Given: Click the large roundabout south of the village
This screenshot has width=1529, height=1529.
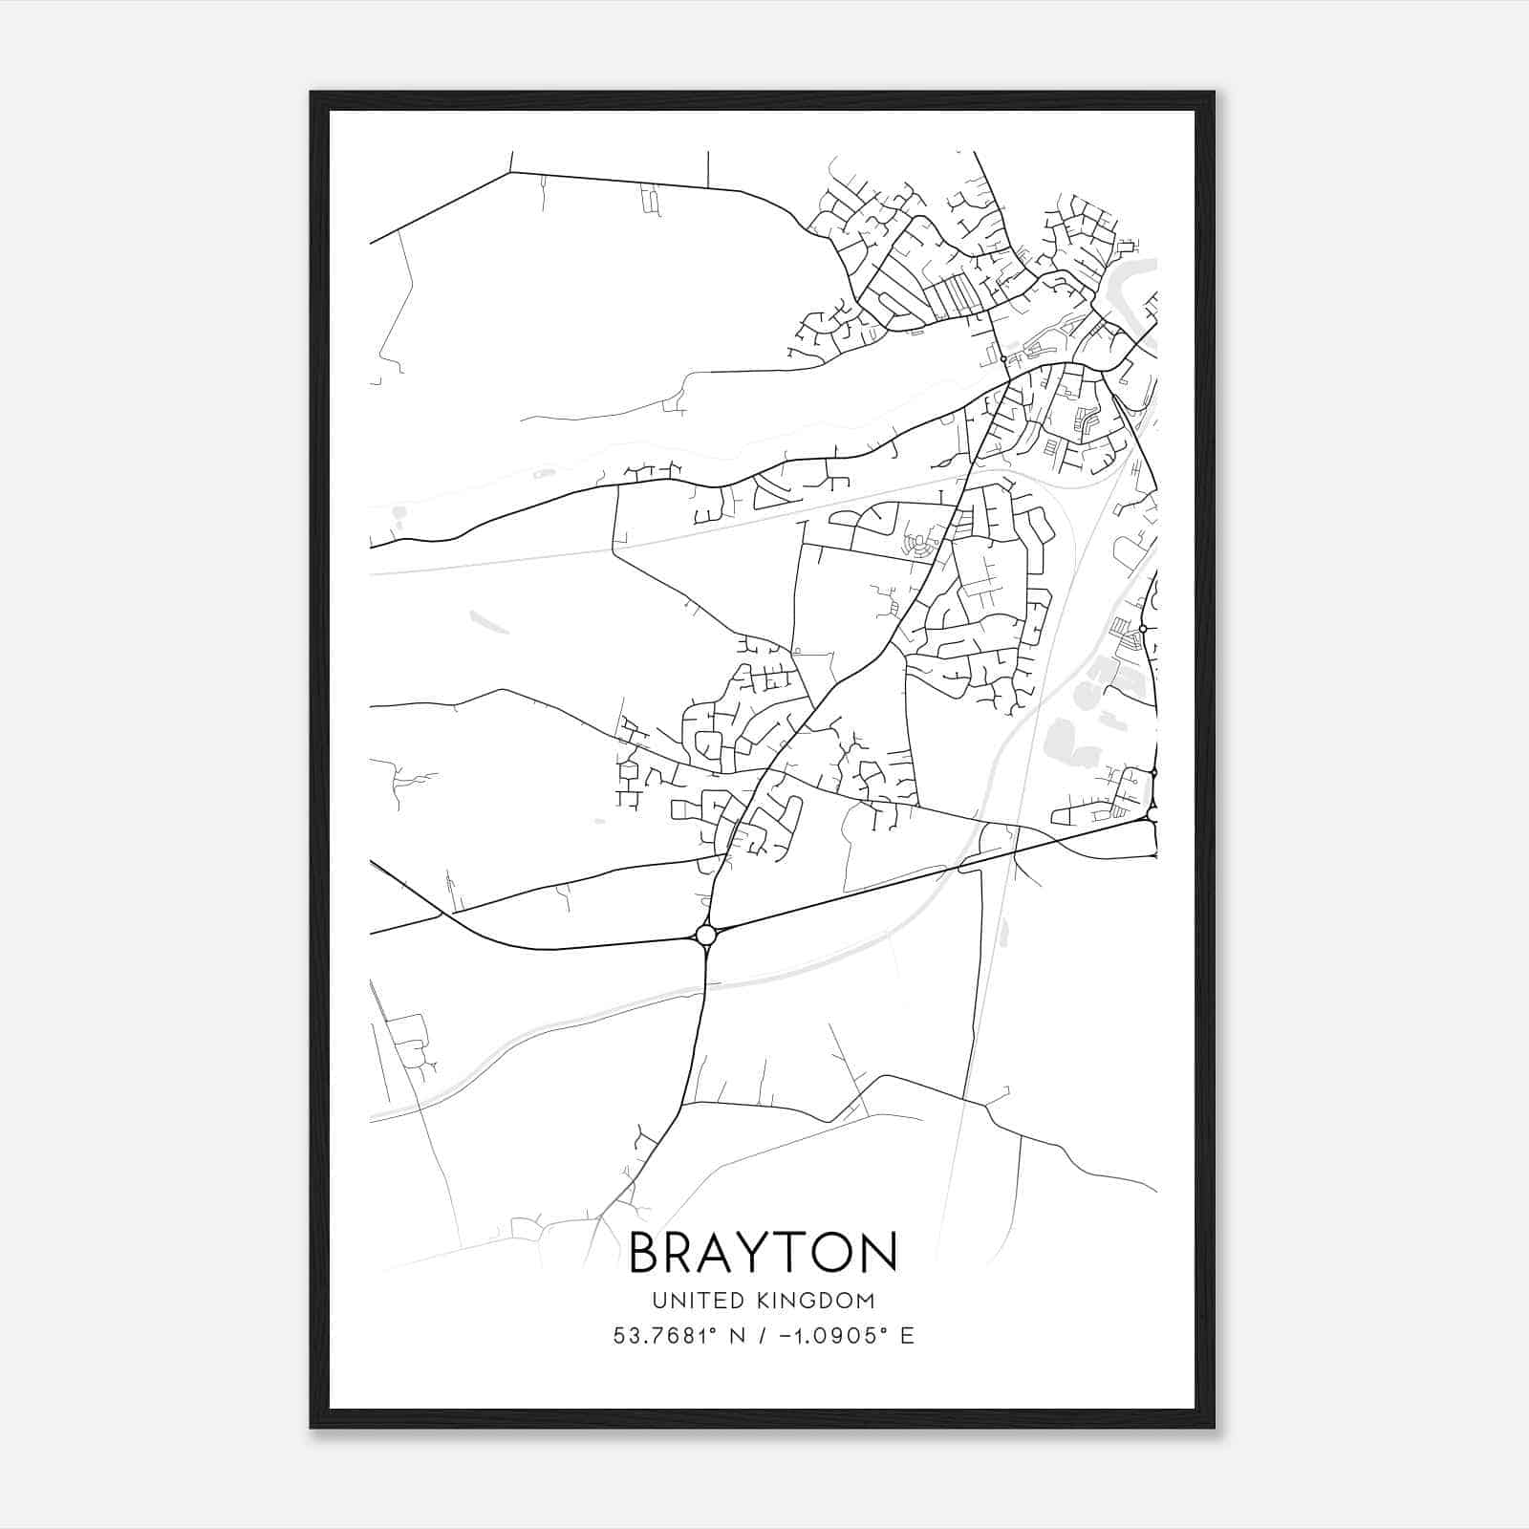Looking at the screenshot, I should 706,934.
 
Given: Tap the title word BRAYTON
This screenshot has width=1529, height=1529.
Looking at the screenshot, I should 763,1253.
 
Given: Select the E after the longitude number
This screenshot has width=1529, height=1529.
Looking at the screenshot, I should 907,1336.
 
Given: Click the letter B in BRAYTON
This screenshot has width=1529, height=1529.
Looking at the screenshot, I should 644,1253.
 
